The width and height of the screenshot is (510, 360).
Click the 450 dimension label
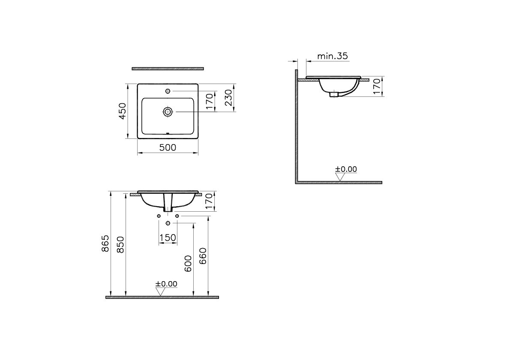(x=122, y=111)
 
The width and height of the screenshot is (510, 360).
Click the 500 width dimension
(x=168, y=147)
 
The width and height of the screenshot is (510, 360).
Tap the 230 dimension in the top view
(x=228, y=98)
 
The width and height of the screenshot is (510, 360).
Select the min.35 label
(x=333, y=56)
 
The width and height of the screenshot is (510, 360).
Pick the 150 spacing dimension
(x=168, y=238)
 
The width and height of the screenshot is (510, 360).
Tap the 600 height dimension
(x=188, y=263)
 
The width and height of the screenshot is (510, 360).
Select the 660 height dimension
(x=203, y=256)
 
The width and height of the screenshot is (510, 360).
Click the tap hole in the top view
(x=168, y=91)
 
